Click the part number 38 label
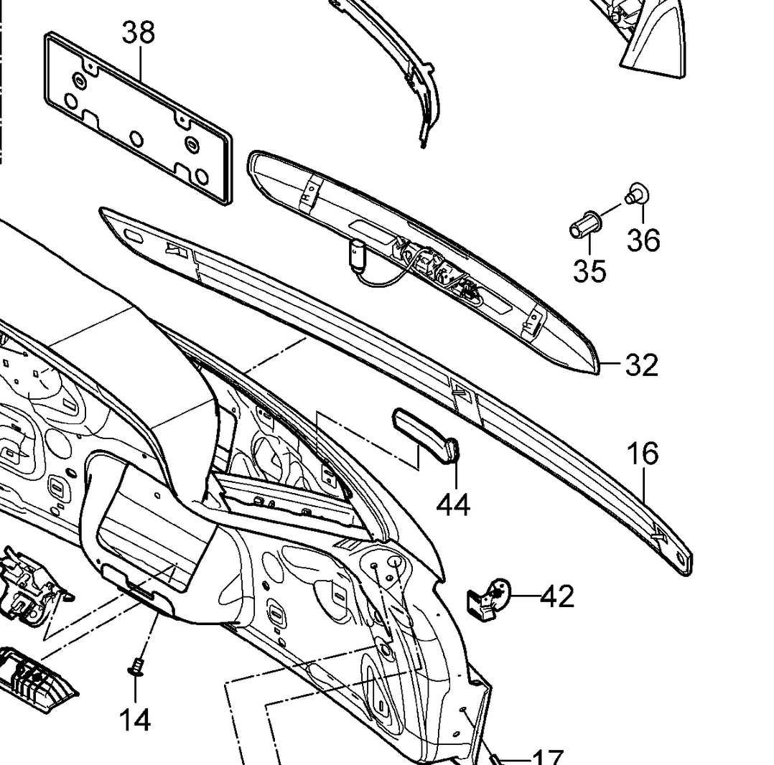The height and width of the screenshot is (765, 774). click(139, 32)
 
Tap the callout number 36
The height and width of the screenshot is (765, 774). click(643, 240)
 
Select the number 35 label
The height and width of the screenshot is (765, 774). click(589, 271)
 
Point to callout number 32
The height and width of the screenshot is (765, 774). click(641, 365)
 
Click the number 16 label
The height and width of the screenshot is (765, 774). click(643, 454)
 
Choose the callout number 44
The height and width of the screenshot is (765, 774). click(454, 504)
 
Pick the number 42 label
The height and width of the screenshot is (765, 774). click(557, 596)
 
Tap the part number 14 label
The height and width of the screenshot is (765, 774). click(135, 719)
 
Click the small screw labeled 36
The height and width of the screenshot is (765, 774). click(636, 193)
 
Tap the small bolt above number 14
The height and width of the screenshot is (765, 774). click(136, 667)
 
